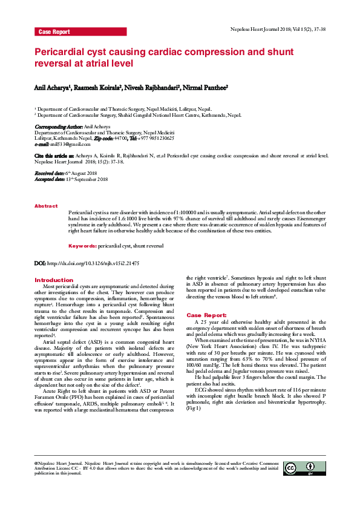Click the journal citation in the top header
[278, 29]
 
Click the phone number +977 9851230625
[149, 138]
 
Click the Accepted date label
[50, 180]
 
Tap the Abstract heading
[46, 206]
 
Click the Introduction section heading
[54, 280]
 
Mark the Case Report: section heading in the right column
[207, 315]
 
